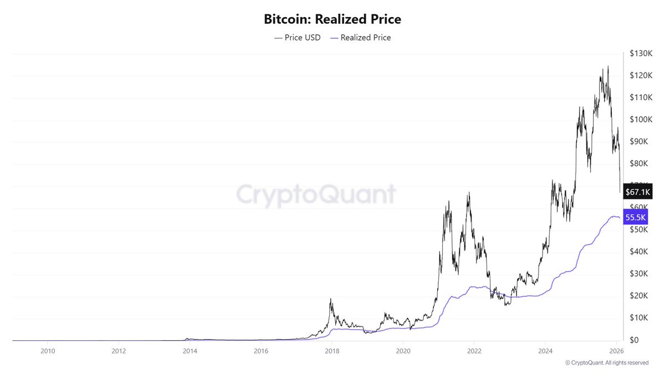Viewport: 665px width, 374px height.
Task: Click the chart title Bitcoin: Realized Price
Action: coord(332,19)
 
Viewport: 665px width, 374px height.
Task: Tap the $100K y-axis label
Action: coord(640,120)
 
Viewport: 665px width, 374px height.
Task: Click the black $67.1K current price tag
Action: coord(637,192)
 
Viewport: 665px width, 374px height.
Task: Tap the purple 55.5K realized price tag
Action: coord(635,218)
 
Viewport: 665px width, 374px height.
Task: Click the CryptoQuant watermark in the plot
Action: coord(316,194)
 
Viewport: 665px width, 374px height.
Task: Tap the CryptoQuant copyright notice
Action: coord(607,363)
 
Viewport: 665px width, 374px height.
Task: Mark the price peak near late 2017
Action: coord(331,299)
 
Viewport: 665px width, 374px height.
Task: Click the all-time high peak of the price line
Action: coord(608,66)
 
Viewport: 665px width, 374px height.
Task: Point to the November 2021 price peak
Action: coord(469,193)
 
